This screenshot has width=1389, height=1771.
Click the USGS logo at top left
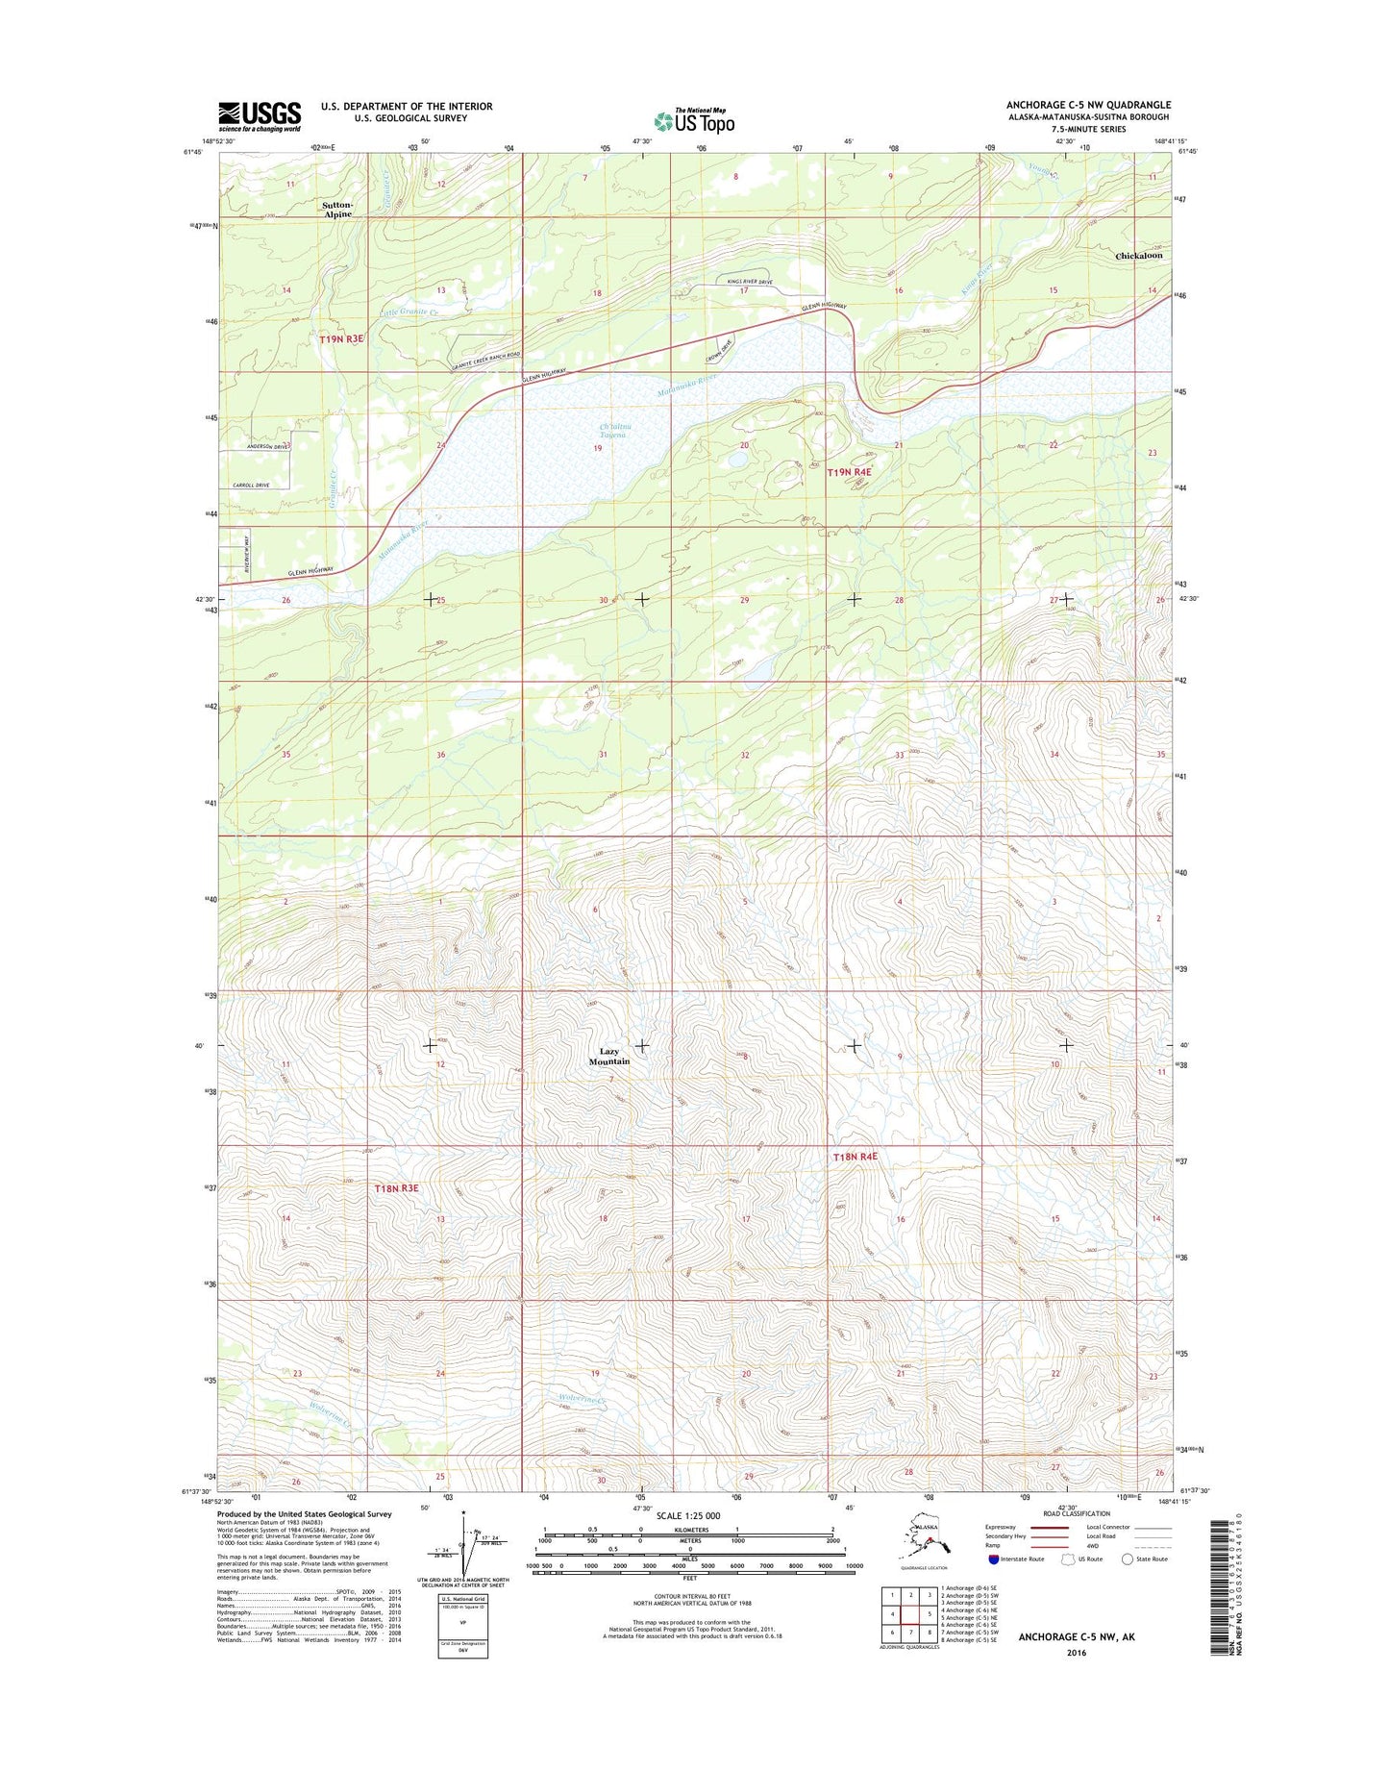(259, 116)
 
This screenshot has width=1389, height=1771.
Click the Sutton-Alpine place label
(337, 210)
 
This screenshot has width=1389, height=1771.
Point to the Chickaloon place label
(1138, 256)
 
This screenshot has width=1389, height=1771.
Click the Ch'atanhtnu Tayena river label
(612, 431)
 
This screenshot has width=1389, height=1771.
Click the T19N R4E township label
(850, 472)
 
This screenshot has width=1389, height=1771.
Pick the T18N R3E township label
(397, 1188)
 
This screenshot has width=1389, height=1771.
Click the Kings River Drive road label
(745, 282)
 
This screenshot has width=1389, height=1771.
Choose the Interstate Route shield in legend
(993, 1559)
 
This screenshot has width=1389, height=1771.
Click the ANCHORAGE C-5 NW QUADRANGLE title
(1088, 105)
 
